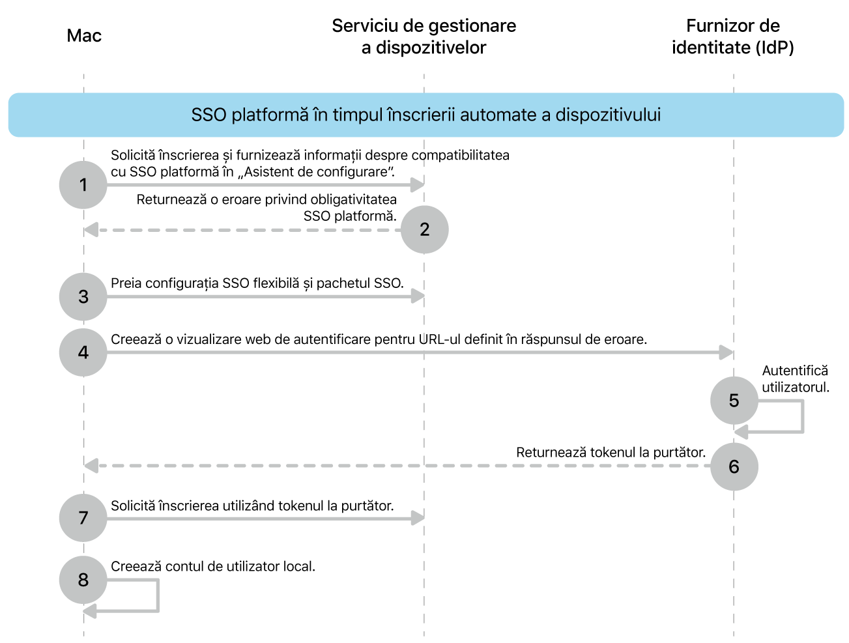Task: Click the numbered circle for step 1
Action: [x=83, y=185]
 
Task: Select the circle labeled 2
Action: [x=424, y=229]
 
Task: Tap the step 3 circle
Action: [x=83, y=297]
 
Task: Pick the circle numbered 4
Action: [x=83, y=352]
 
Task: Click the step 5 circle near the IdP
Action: [x=734, y=400]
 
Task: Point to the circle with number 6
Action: [x=734, y=466]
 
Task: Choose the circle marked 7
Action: [x=83, y=518]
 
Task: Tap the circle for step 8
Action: [x=83, y=580]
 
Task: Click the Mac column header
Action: [x=84, y=36]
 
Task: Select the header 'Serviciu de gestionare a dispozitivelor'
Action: [x=424, y=36]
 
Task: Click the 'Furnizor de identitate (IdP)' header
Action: [x=733, y=36]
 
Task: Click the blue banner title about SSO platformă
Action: [x=425, y=115]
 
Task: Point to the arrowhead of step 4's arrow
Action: [x=727, y=352]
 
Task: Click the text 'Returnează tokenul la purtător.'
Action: [x=611, y=452]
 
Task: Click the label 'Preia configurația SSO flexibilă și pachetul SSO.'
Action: [x=257, y=283]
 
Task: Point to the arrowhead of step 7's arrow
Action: [x=418, y=518]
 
